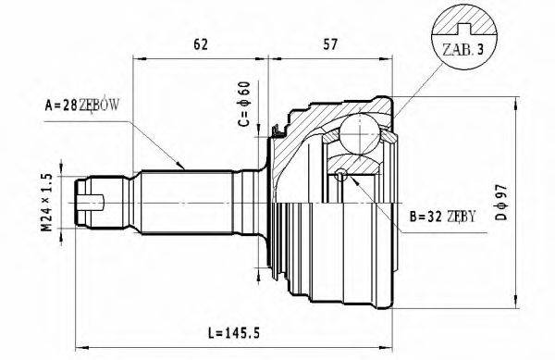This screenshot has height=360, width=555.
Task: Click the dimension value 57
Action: pyautogui.click(x=328, y=42)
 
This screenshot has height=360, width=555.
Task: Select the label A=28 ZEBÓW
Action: pyautogui.click(x=84, y=106)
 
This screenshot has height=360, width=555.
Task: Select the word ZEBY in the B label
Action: pyautogui.click(x=460, y=217)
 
